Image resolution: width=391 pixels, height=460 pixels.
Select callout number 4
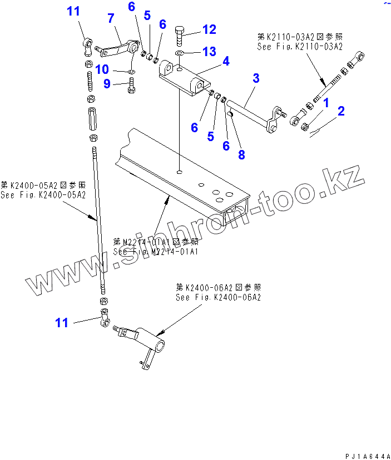[226, 62]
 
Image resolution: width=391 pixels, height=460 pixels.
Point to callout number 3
[256, 79]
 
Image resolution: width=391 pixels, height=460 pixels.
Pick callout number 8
[241, 155]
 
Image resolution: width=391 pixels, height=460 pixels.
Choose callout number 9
[107, 84]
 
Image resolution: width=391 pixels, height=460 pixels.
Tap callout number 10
[102, 69]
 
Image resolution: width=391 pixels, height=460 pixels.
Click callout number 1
[327, 102]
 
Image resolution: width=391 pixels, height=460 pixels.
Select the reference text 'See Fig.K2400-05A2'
[43, 194]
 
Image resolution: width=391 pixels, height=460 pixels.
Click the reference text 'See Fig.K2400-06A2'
[218, 297]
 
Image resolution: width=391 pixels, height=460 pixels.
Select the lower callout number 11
[62, 323]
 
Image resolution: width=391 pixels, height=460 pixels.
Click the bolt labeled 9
[131, 87]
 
